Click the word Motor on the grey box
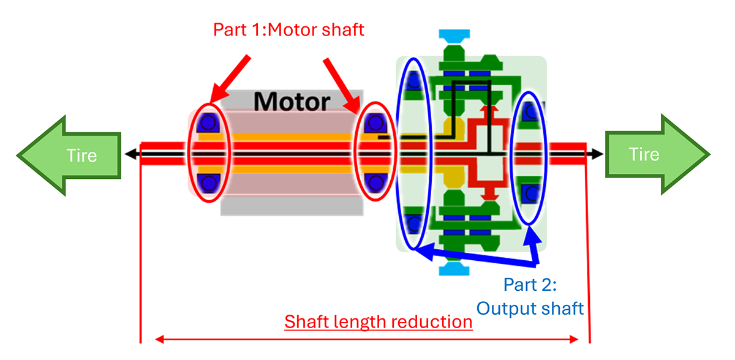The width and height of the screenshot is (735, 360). [x=292, y=101]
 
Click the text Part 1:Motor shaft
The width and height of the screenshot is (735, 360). [x=288, y=29]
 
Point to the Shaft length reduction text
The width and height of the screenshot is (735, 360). [x=379, y=322]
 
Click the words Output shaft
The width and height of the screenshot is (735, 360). [x=530, y=307]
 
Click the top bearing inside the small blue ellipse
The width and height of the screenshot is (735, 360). [x=530, y=111]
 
